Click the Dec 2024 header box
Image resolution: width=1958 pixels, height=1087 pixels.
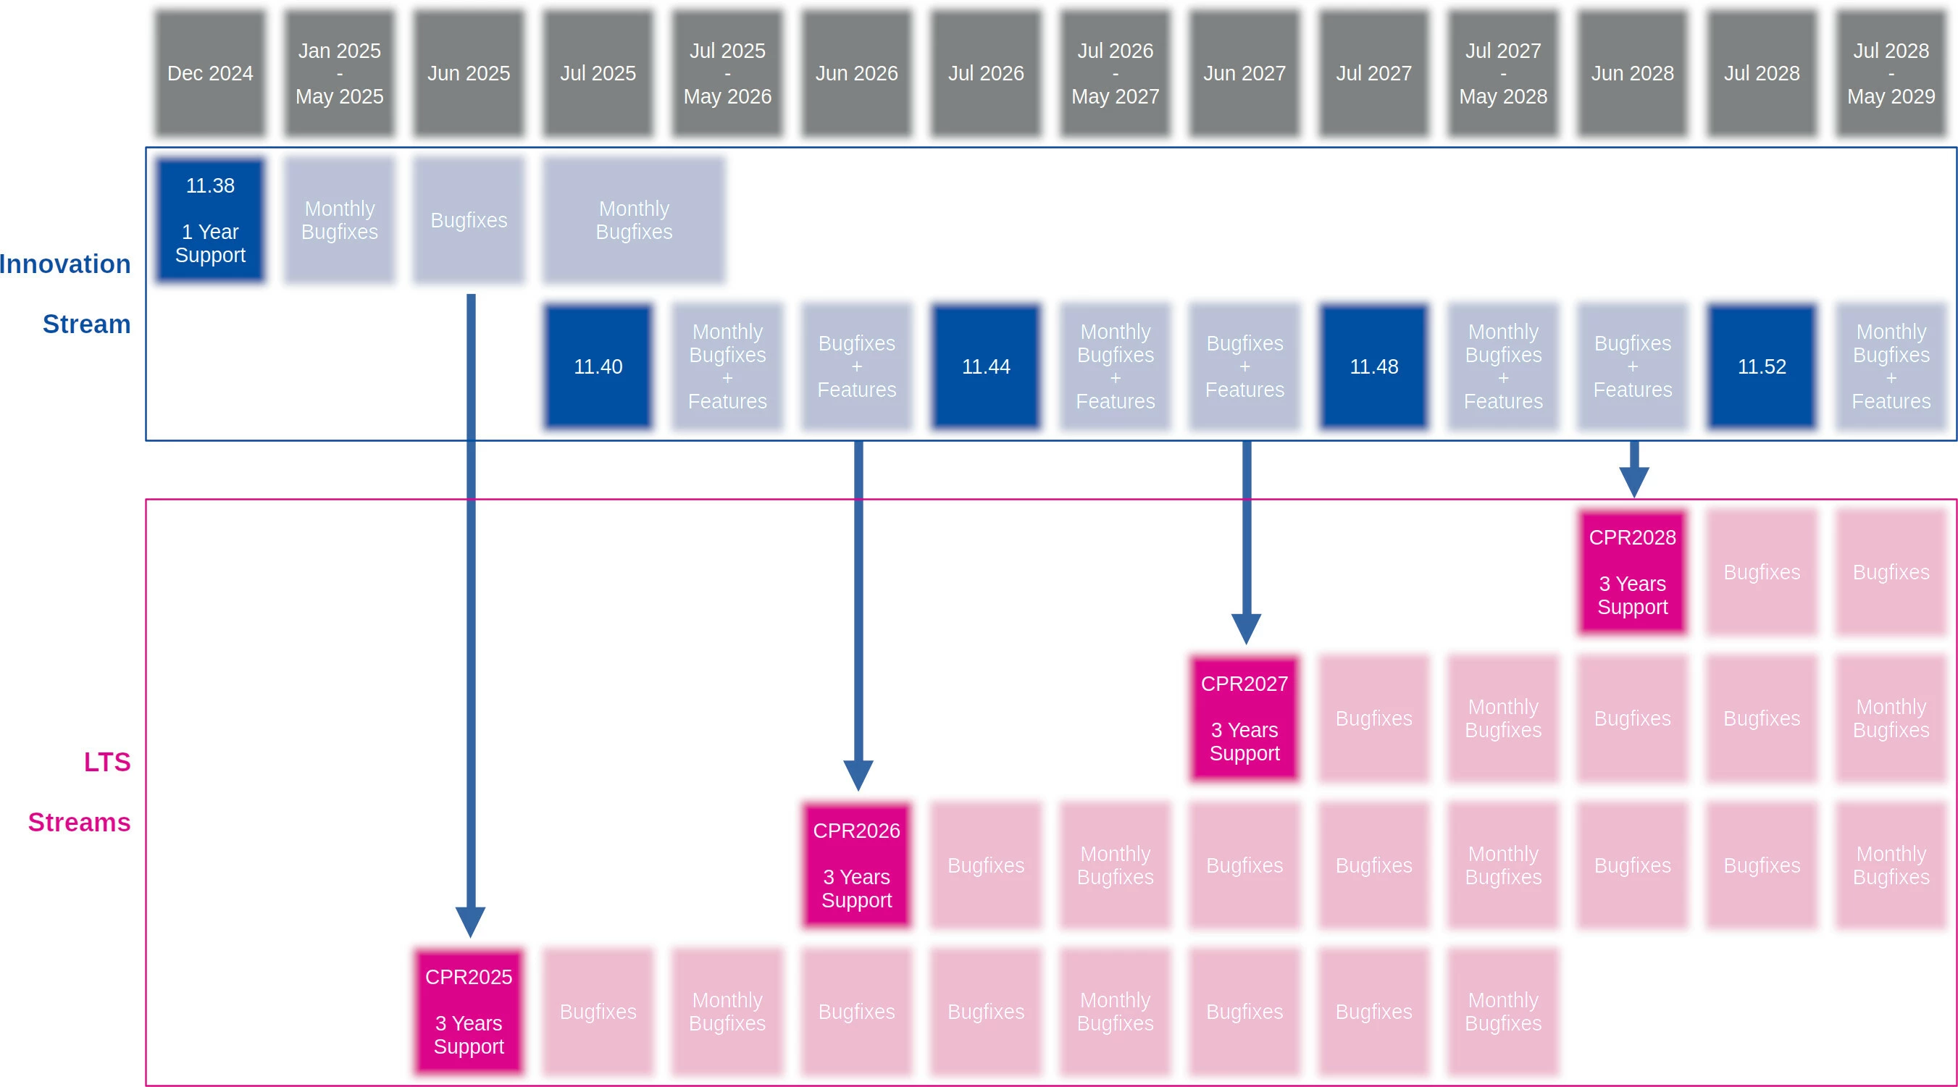(x=210, y=73)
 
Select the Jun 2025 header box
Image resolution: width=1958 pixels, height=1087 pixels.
(x=468, y=73)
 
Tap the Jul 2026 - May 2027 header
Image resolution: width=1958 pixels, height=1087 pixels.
(x=1115, y=73)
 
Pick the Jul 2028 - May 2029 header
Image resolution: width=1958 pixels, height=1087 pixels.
(x=1891, y=73)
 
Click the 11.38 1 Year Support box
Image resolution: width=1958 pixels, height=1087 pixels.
(x=210, y=219)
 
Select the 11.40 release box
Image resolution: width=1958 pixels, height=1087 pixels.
(x=598, y=366)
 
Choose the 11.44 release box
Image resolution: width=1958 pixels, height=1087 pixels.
(x=986, y=366)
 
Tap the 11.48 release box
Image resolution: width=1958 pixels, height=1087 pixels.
(x=1373, y=366)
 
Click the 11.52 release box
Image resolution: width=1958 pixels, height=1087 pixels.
(x=1761, y=366)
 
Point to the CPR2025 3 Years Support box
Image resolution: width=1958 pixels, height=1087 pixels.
(x=468, y=1011)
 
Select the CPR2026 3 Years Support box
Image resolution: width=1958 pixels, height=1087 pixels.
(x=857, y=865)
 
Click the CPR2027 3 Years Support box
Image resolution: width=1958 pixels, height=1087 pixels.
(x=1244, y=718)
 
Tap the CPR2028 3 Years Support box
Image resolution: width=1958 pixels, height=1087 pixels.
(x=1632, y=571)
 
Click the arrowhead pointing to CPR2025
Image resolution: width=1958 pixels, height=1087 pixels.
(x=471, y=921)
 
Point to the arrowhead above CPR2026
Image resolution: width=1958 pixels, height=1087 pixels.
(x=858, y=775)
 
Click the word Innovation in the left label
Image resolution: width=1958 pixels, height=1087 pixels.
(x=65, y=264)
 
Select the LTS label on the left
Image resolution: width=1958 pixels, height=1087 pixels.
(x=107, y=762)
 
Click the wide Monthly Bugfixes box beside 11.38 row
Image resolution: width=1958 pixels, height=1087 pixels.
(x=634, y=219)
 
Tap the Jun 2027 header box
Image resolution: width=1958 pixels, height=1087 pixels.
(x=1244, y=73)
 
